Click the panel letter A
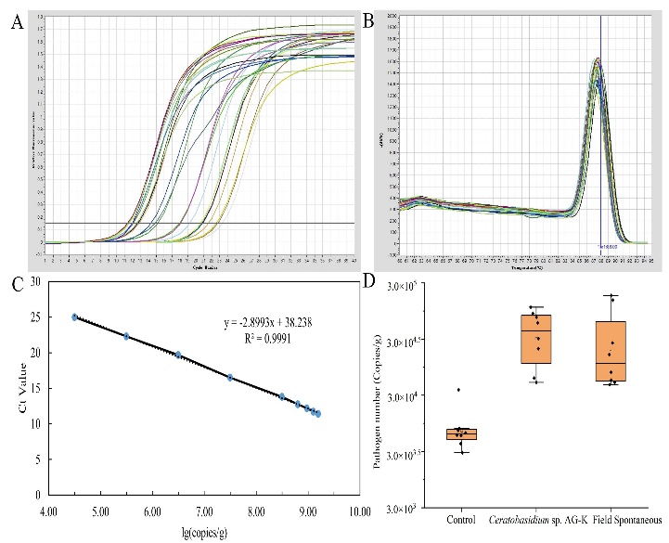(x=16, y=23)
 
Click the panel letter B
(x=367, y=18)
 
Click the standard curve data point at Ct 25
(x=75, y=317)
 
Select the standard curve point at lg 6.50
(x=178, y=355)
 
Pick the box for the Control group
(x=459, y=433)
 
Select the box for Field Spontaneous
(x=610, y=351)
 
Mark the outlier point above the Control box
(x=458, y=390)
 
